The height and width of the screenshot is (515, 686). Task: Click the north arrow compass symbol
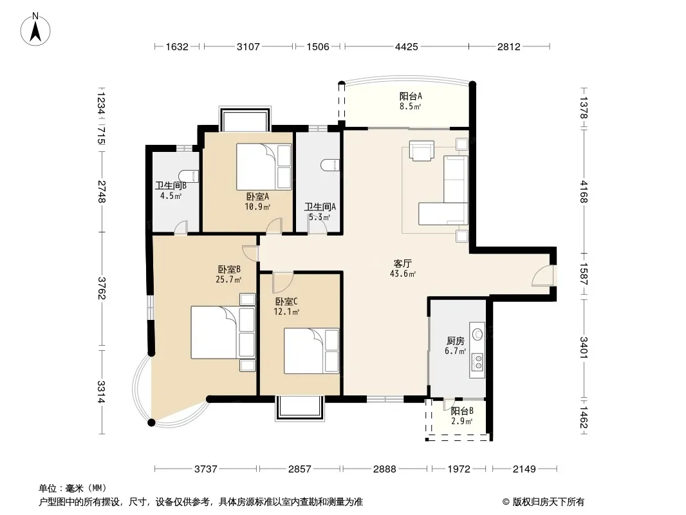coord(35,30)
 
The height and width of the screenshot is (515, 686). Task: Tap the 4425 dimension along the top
coord(407,46)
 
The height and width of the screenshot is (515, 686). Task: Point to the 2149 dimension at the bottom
coord(524,469)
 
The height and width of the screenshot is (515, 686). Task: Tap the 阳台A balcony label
coord(411,97)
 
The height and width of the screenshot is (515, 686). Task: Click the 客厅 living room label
coord(402,264)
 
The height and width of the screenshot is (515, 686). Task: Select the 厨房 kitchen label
coord(456,341)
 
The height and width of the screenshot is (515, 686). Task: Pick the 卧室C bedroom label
coord(286,301)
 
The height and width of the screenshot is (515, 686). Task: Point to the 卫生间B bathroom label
coord(171,185)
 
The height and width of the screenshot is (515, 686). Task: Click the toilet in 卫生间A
coord(330,165)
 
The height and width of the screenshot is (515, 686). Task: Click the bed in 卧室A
coord(264,167)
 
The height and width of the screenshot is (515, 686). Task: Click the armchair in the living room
coord(422,151)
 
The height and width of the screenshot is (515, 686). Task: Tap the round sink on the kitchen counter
coord(477,335)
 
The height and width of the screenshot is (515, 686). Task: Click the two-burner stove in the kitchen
coord(477,362)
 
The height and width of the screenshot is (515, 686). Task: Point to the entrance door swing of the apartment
coord(542,276)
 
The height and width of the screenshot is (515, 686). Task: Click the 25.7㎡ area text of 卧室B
coord(228,279)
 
